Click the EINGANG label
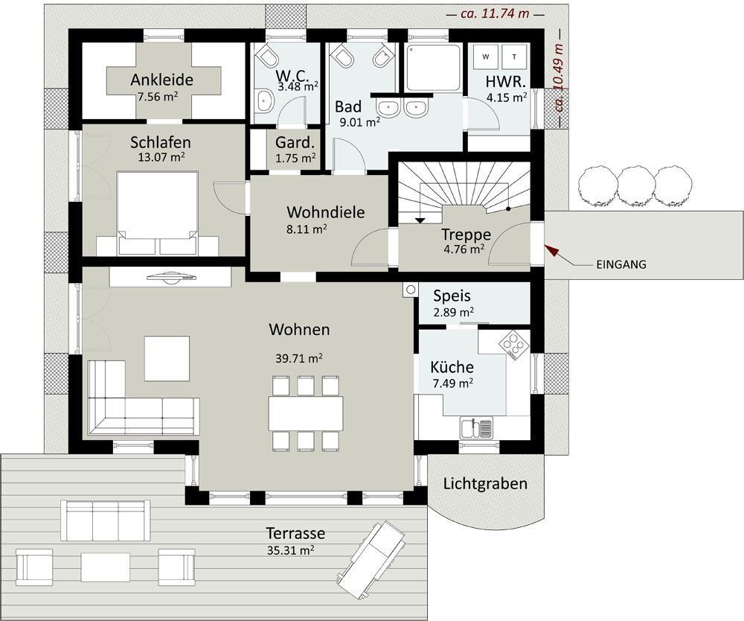pyautogui.click(x=621, y=264)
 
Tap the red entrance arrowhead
pyautogui.click(x=550, y=249)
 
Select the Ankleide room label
pyautogui.click(x=162, y=80)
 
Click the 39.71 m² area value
pyautogui.click(x=298, y=358)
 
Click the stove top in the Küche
pyautogui.click(x=512, y=343)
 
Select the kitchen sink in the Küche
pyautogui.click(x=476, y=428)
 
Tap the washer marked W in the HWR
pyautogui.click(x=486, y=56)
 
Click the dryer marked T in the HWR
pyautogui.click(x=515, y=56)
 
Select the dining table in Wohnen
pyautogui.click(x=306, y=413)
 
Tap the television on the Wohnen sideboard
pyautogui.click(x=171, y=277)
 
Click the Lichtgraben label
pyautogui.click(x=485, y=483)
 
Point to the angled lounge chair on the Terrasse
pyautogui.click(x=371, y=554)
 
